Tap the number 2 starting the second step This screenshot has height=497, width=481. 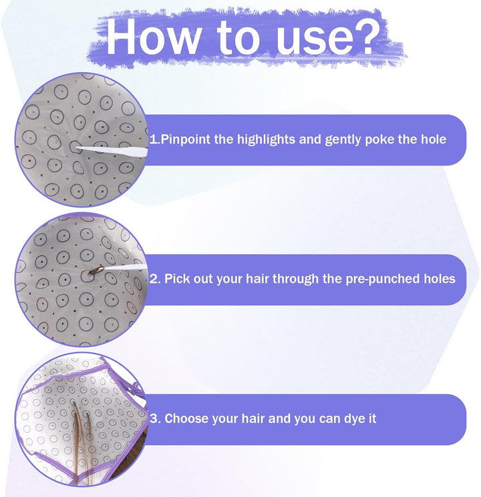(x=154, y=279)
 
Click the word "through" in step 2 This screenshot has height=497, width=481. (x=295, y=280)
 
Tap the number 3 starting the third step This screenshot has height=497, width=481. (x=154, y=419)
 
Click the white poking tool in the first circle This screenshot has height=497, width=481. (x=112, y=151)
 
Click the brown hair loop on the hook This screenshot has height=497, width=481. (x=96, y=270)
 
